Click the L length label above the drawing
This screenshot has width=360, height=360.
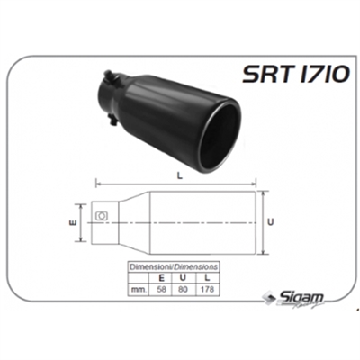(180, 176)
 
